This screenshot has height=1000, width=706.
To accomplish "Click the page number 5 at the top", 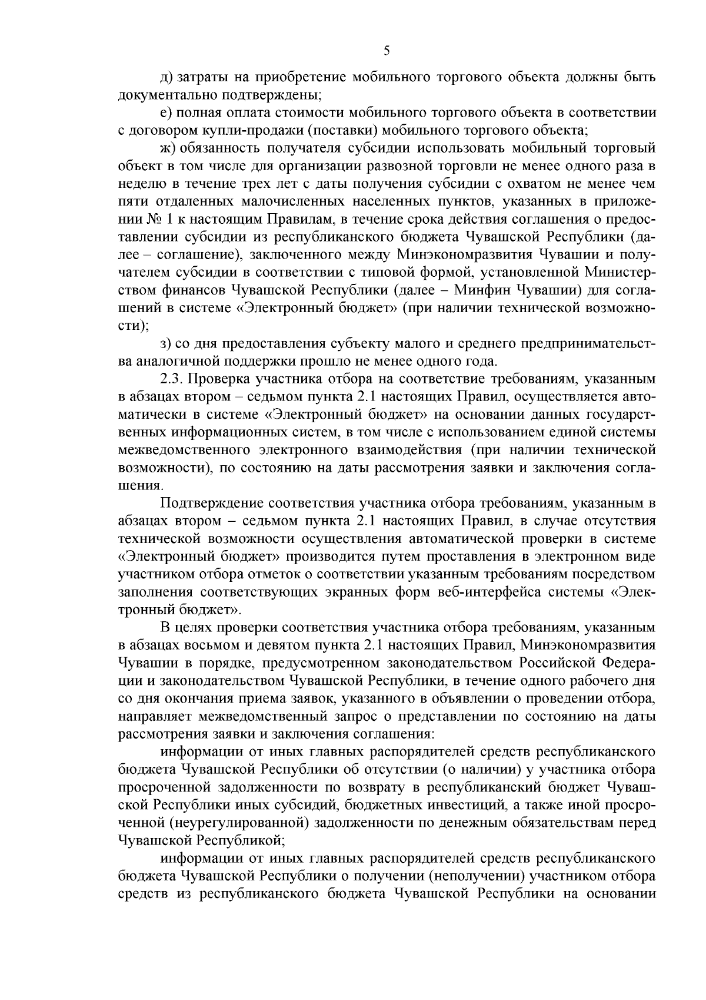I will point(387,51).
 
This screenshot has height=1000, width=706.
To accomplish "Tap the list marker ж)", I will point(166,147).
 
